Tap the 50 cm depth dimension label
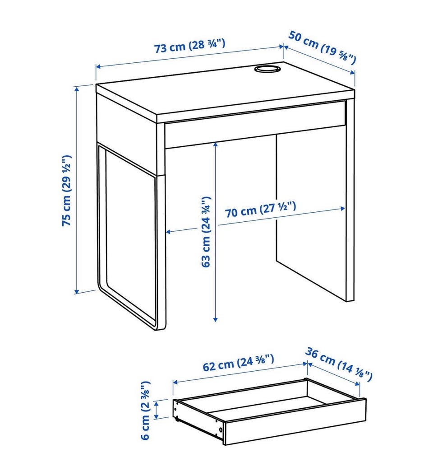click(x=322, y=47)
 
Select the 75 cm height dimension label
click(x=66, y=190)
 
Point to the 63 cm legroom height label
click(x=206, y=232)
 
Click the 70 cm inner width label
click(x=261, y=210)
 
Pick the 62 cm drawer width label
click(x=239, y=363)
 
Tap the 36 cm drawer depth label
click(x=339, y=364)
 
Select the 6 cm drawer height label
click(x=145, y=411)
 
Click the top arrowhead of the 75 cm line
click(x=77, y=89)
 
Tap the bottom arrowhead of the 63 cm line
click(x=216, y=319)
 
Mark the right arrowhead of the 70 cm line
click(x=342, y=208)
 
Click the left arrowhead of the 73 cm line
click(x=98, y=67)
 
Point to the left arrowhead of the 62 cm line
click(x=175, y=382)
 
